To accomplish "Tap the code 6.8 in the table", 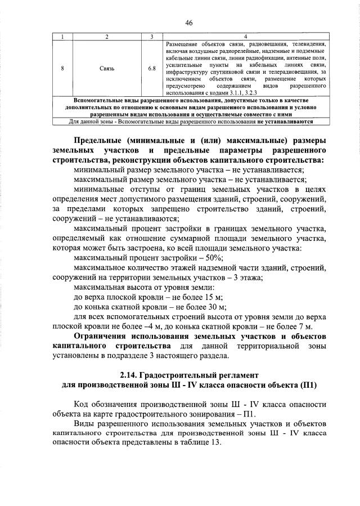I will (x=152, y=68).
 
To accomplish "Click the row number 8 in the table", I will (x=62, y=68).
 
